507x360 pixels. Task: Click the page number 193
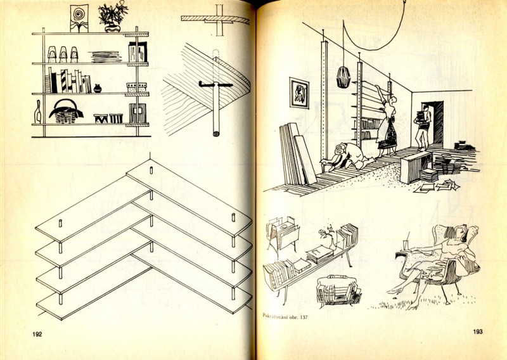[477, 331]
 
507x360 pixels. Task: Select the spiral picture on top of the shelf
[79, 17]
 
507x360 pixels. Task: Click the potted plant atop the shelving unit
[112, 16]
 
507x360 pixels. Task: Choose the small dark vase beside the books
[97, 88]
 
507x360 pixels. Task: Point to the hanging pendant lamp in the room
[344, 76]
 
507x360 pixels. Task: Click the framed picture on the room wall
[299, 93]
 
